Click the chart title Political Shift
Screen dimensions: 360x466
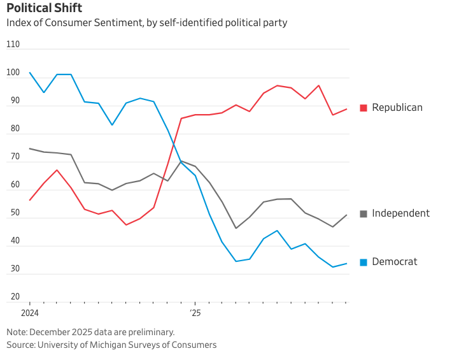click(x=44, y=8)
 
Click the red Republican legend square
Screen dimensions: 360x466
click(x=364, y=108)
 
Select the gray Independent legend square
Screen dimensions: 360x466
click(x=364, y=213)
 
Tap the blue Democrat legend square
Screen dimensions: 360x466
click(x=364, y=262)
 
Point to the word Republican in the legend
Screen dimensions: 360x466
click(x=397, y=107)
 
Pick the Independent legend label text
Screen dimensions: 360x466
click(x=401, y=213)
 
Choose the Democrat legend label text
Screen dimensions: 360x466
click(x=395, y=262)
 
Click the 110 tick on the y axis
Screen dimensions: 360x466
click(x=13, y=45)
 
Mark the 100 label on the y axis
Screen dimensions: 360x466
click(x=13, y=73)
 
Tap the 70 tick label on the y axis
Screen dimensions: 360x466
click(x=13, y=157)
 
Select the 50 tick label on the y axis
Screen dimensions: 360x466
click(x=13, y=213)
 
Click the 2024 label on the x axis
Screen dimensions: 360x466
click(x=30, y=313)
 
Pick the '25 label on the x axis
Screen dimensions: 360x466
click(x=195, y=313)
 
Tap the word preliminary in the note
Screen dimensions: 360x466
click(x=150, y=332)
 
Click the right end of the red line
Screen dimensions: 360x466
click(x=346, y=109)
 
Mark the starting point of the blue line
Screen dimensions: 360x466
click(x=30, y=72)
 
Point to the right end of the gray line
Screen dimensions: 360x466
click(x=346, y=215)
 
